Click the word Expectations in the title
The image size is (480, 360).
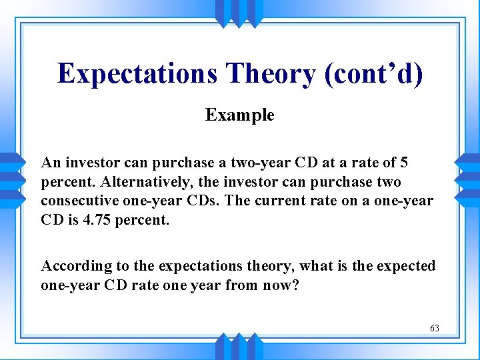(x=137, y=73)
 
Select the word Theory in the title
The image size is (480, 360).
(x=270, y=73)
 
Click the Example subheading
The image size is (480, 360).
(x=239, y=115)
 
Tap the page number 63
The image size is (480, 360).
(x=434, y=328)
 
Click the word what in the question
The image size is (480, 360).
(x=316, y=266)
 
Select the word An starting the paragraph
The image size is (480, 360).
(x=50, y=163)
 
